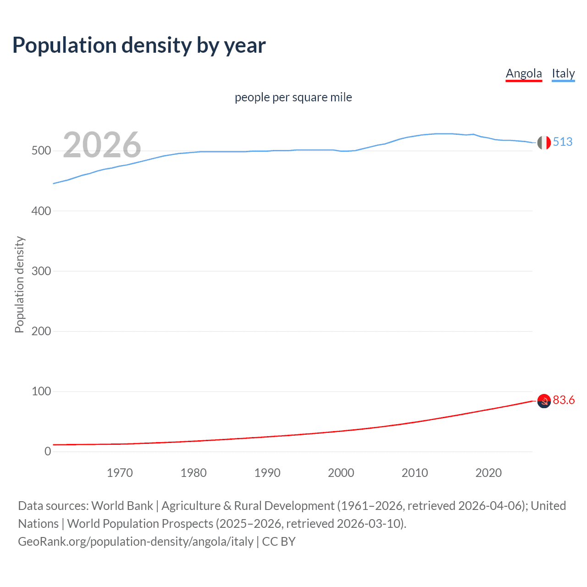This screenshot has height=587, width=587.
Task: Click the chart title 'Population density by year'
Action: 139,45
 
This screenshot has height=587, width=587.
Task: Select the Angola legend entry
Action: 524,74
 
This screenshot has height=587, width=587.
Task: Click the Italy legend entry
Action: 563,74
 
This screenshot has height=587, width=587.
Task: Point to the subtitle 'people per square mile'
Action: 293,98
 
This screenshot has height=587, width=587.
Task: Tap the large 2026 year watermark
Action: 102,145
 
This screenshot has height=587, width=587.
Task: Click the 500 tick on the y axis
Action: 41,151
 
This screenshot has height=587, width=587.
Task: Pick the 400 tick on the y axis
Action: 41,211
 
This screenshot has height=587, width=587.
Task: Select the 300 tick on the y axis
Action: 41,271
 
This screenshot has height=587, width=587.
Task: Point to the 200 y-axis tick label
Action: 41,331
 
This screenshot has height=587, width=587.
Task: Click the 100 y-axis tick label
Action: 41,391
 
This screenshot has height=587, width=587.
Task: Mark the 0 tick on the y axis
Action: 48,451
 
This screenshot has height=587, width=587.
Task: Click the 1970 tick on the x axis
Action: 120,473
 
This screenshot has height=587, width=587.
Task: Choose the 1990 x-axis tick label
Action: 267,473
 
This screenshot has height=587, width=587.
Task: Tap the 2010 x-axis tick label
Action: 415,473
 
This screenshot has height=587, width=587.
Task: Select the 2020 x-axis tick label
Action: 488,473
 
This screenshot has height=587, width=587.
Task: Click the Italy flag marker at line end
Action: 544,143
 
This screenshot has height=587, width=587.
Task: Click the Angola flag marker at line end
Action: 544,401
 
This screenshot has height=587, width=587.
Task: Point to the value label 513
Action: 563,142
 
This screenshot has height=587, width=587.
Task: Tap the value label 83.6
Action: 564,400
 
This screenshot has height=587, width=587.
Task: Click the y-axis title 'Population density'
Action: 19,284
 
